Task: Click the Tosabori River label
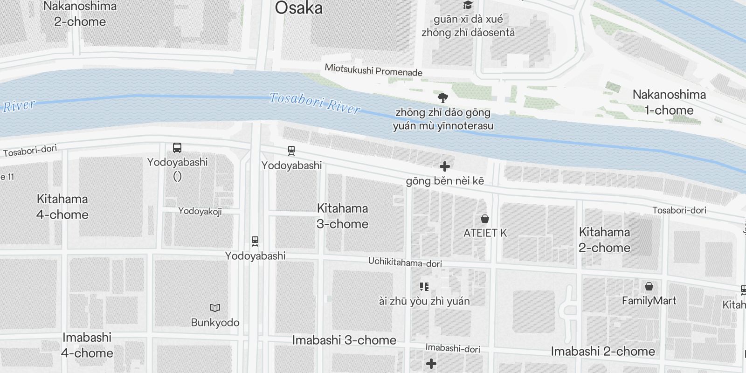(x=315, y=103)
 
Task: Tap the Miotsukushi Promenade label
(x=373, y=70)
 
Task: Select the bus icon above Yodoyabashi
(x=177, y=148)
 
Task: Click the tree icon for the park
(x=443, y=97)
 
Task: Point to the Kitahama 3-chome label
(x=343, y=216)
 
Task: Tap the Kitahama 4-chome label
(x=62, y=207)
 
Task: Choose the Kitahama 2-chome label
(x=604, y=240)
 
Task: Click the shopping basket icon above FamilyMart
(x=649, y=286)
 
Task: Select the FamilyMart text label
(x=649, y=301)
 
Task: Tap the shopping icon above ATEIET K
(x=485, y=219)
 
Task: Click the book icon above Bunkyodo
(x=215, y=308)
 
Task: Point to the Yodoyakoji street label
(x=200, y=211)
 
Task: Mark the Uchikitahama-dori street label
(x=405, y=262)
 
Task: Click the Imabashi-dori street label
(x=453, y=348)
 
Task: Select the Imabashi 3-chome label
(x=344, y=340)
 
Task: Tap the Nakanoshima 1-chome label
(x=669, y=102)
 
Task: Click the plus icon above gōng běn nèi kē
(x=445, y=166)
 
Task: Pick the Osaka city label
(x=298, y=8)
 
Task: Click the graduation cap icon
(x=467, y=6)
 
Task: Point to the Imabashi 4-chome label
(x=87, y=345)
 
